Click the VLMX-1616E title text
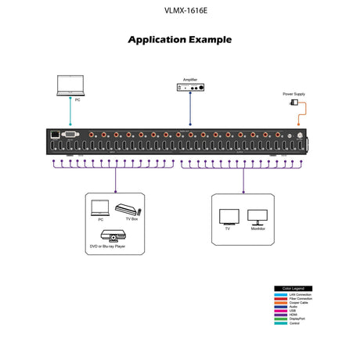click(x=179, y=11)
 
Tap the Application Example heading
click(x=179, y=40)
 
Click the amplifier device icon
click(x=191, y=91)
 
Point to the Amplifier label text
click(x=191, y=80)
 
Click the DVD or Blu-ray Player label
click(x=107, y=246)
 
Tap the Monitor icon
click(x=257, y=217)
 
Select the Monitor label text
click(x=257, y=229)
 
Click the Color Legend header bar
click(x=292, y=288)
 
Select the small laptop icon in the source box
click(x=100, y=207)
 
